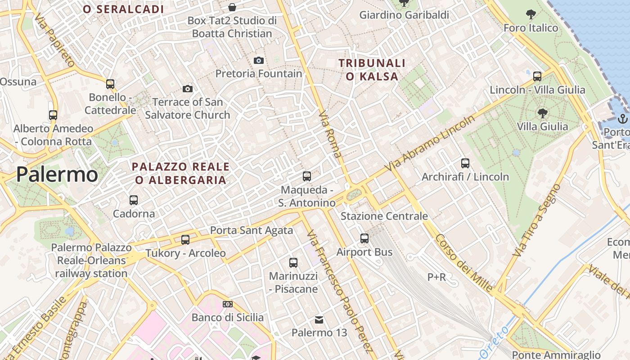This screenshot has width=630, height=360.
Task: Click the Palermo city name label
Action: pyautogui.click(x=57, y=175)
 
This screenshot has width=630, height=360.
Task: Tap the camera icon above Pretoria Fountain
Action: pyautogui.click(x=259, y=60)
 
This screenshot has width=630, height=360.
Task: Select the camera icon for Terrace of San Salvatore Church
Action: pyautogui.click(x=188, y=89)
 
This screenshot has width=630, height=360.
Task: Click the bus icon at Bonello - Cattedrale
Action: pyautogui.click(x=110, y=84)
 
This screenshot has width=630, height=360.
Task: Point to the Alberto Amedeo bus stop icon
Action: pyautogui.click(x=53, y=115)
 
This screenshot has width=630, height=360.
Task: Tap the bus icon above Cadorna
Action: pyautogui.click(x=134, y=200)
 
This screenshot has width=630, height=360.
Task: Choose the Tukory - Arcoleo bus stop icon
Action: pyautogui.click(x=185, y=240)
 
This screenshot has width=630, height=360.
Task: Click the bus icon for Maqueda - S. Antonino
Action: pyautogui.click(x=307, y=176)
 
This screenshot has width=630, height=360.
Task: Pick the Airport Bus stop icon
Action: pyautogui.click(x=364, y=238)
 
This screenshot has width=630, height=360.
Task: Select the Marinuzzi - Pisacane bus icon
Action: pyautogui.click(x=293, y=262)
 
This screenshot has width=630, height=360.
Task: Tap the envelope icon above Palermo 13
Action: pyautogui.click(x=319, y=320)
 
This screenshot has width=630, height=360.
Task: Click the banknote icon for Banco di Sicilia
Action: pyautogui.click(x=228, y=304)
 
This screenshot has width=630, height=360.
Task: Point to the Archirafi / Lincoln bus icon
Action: pyautogui.click(x=465, y=163)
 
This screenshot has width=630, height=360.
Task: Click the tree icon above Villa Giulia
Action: pyautogui.click(x=542, y=113)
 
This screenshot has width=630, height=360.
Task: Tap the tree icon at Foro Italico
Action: pyautogui.click(x=531, y=14)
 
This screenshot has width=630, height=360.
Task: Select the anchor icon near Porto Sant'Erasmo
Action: pyautogui.click(x=623, y=119)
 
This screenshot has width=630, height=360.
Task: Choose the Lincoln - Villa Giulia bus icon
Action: pyautogui.click(x=537, y=76)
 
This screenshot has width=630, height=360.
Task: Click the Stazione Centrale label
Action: pyautogui.click(x=384, y=216)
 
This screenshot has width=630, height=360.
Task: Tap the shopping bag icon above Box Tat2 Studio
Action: pyautogui.click(x=232, y=7)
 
